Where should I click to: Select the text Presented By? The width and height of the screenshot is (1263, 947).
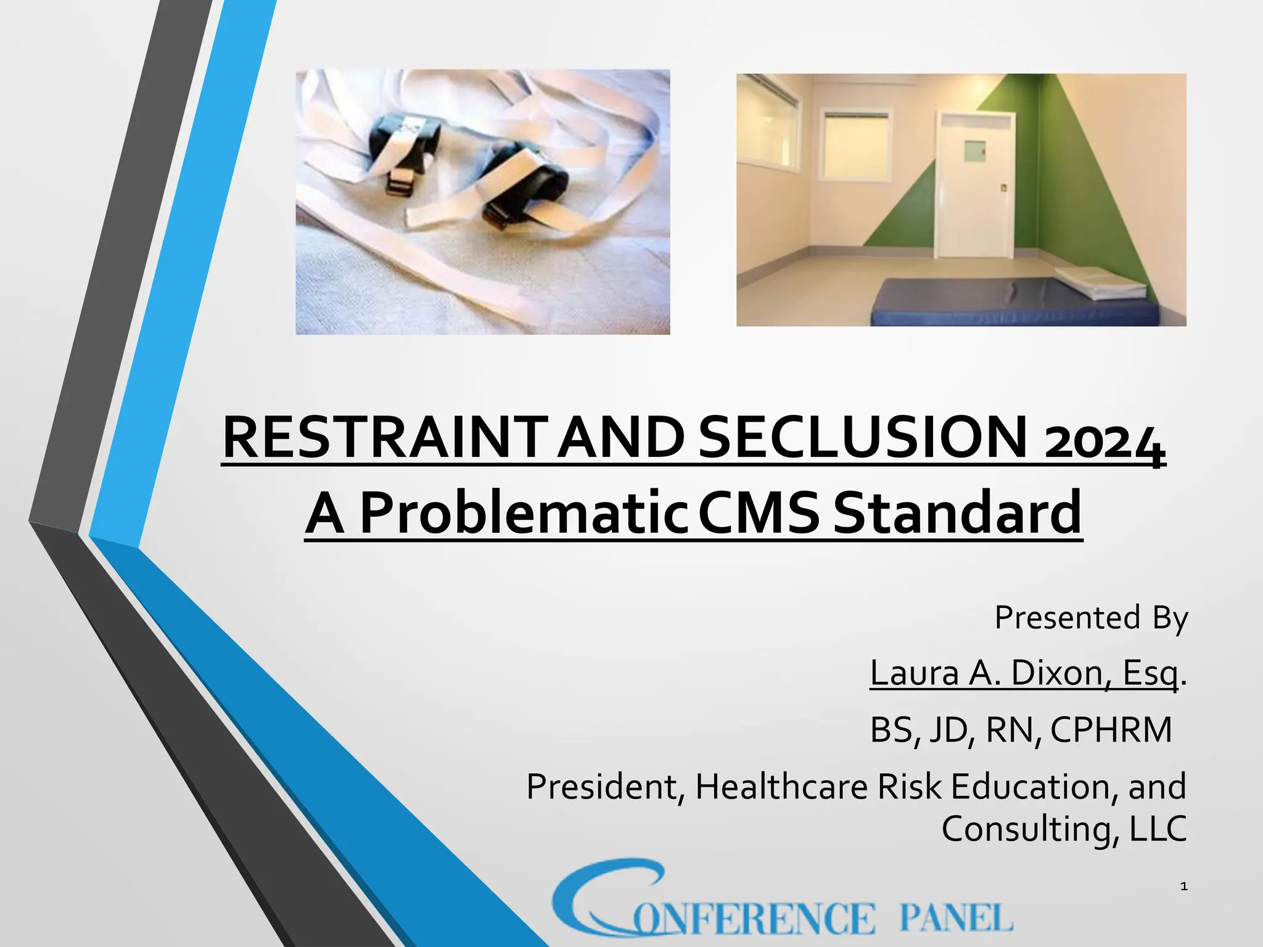1090,618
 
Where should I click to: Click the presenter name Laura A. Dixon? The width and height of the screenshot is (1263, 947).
987,673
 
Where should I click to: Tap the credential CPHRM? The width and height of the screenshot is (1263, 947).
1110,730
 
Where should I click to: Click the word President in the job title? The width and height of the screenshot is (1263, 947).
601,787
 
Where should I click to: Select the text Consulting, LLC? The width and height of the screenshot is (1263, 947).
1064,829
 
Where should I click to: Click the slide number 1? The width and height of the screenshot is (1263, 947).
1183,887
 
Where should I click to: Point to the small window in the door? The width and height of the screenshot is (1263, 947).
974,150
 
